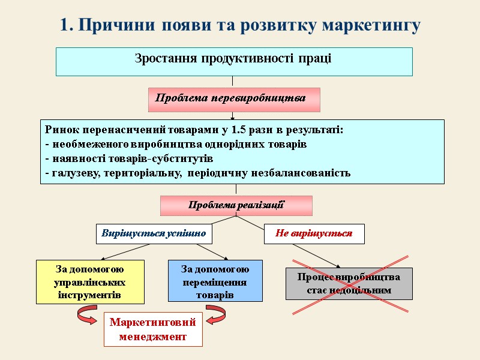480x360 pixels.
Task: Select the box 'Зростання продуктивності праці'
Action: click(234, 61)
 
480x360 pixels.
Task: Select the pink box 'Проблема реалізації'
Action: click(236, 205)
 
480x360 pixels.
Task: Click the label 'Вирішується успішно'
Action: click(154, 233)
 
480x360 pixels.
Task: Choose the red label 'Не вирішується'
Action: click(314, 233)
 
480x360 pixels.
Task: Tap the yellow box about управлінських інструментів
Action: click(90, 281)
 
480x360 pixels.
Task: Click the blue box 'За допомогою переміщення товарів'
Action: click(215, 281)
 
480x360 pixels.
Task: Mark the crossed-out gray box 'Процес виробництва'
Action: click(349, 283)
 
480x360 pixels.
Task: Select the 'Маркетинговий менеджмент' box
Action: click(153, 329)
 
